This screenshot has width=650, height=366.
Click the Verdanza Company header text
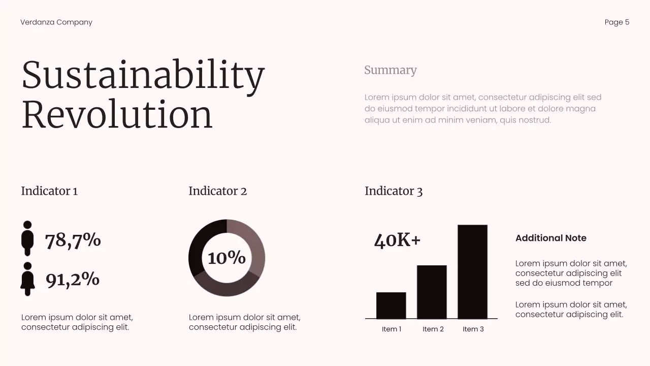56,22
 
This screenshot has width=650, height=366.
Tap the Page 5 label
616,22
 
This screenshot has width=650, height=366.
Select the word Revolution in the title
117,115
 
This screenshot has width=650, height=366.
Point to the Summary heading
390,70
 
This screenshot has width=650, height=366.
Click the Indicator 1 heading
49,191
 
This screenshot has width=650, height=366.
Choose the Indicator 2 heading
217,191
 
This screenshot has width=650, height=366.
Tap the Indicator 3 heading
394,191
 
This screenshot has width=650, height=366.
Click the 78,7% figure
73,240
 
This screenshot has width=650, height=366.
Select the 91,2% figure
73,279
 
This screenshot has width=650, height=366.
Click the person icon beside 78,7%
27,238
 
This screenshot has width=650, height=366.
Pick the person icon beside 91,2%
27,279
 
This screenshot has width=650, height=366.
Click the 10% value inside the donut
226,258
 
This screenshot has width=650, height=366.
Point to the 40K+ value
397,240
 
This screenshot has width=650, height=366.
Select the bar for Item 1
391,306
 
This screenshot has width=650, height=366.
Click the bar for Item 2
432,292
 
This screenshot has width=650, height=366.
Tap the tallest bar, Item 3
472,271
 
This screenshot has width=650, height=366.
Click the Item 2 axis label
433,329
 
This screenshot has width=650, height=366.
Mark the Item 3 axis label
473,329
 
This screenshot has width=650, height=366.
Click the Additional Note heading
550,238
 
